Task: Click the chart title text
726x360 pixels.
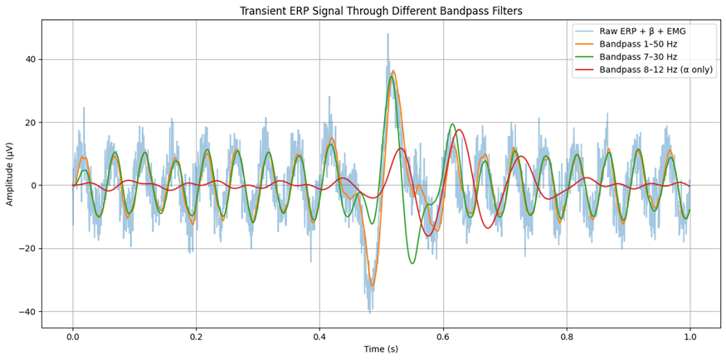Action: click(381, 11)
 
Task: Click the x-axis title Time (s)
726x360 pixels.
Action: click(381, 349)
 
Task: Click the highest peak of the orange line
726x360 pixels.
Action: click(393, 71)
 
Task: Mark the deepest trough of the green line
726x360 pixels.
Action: click(412, 264)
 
